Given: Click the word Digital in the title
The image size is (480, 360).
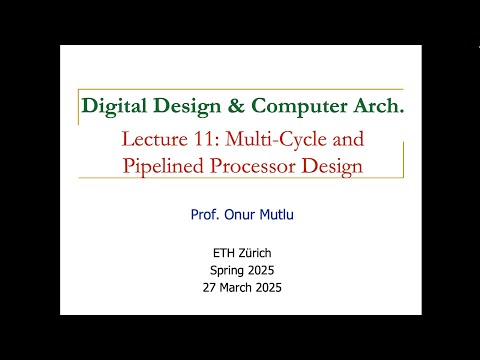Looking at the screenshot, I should [x=112, y=105].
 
